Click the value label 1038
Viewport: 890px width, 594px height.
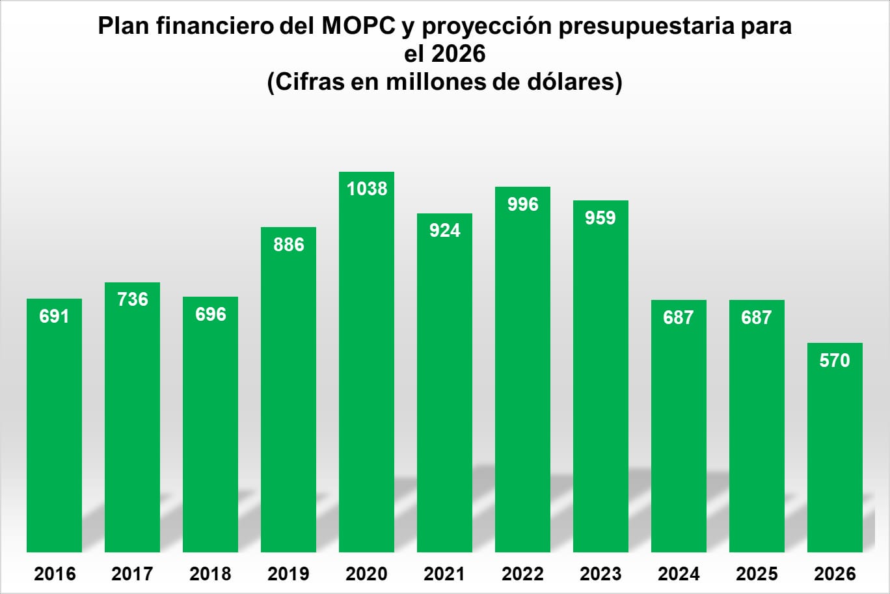[x=367, y=189]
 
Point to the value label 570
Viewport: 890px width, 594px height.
[x=835, y=360]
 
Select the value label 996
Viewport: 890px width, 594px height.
[x=523, y=204]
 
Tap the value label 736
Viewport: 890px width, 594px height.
[x=133, y=299]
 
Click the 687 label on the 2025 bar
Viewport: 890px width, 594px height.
[x=756, y=317]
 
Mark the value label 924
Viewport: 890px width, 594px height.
[x=445, y=230]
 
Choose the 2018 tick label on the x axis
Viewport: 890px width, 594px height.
[x=210, y=574]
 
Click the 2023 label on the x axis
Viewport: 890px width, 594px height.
[x=600, y=574]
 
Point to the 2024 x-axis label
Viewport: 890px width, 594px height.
[x=679, y=574]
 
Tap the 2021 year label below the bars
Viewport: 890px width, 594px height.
[x=444, y=574]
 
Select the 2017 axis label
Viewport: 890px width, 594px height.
[x=132, y=574]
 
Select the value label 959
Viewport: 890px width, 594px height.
[x=600, y=218]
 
